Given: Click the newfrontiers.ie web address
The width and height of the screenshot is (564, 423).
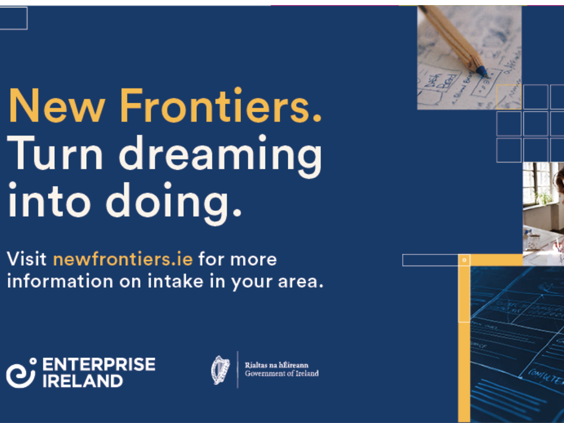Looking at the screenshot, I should tap(122, 259).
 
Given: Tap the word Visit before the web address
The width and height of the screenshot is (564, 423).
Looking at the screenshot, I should tap(27, 259).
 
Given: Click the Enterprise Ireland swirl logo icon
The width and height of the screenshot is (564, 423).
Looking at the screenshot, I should tap(21, 373).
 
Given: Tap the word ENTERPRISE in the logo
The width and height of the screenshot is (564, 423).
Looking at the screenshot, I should tap(99, 364).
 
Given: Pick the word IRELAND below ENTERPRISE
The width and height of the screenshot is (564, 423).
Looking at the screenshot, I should tap(82, 381).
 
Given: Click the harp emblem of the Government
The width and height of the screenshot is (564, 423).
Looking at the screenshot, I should tap(221, 370).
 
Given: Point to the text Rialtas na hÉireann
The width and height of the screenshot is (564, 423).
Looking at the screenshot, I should tap(276, 365).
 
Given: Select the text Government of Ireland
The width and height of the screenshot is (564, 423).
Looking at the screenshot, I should tap(281, 373).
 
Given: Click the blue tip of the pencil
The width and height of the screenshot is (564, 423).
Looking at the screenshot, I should tap(482, 72).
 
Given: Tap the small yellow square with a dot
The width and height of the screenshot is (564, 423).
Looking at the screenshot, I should tap(464, 260).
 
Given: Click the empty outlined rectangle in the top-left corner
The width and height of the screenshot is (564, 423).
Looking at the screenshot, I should tap(14, 18).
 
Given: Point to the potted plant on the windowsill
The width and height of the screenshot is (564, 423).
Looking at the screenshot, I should tap(543, 197).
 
